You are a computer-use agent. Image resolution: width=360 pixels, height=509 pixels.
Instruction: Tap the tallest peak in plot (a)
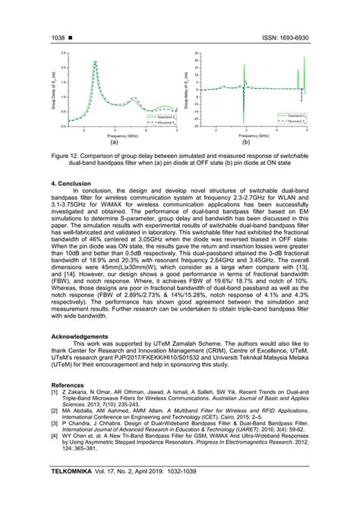tap(95, 62)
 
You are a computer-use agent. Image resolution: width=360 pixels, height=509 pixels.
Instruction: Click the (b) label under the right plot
tap(245, 141)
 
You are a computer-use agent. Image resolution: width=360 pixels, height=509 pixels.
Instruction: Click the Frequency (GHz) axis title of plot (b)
tap(245, 134)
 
